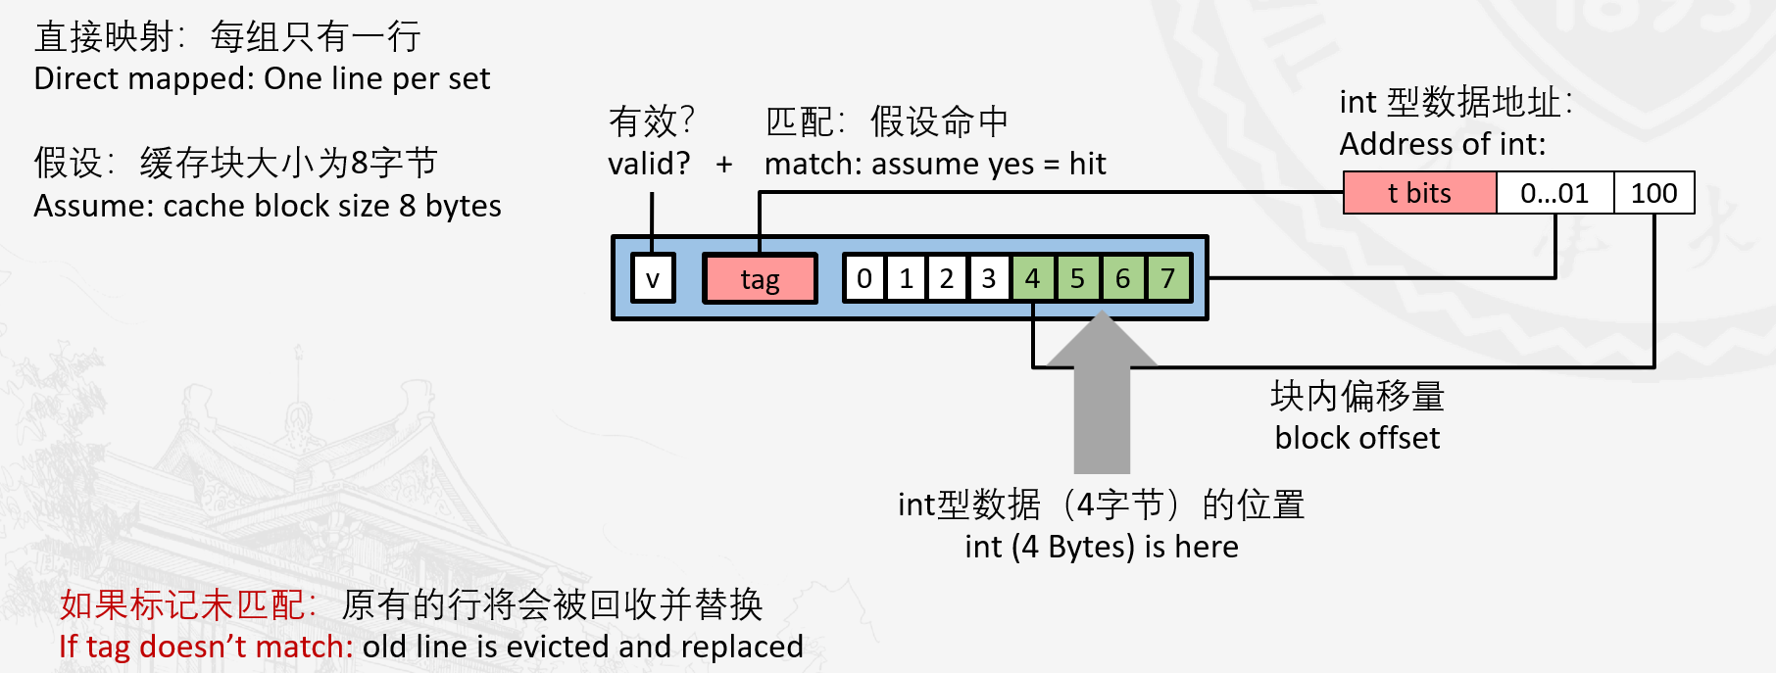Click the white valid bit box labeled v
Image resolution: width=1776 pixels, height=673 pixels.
point(653,279)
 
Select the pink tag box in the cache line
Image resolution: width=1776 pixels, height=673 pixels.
point(760,279)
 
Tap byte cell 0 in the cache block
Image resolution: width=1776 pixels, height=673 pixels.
point(864,279)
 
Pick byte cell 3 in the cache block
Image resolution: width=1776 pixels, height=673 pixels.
point(989,279)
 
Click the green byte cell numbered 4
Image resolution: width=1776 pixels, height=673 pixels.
point(1033,279)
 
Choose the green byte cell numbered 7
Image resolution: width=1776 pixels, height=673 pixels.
point(1168,279)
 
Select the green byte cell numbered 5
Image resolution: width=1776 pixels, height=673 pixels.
point(1078,279)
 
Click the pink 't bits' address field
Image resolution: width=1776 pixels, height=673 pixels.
point(1419,193)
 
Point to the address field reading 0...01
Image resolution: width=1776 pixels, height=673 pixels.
point(1554,193)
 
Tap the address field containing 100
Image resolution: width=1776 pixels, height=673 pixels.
point(1653,193)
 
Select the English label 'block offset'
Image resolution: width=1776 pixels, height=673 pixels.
point(1357,438)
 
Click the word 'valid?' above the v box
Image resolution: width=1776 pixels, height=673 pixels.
point(649,164)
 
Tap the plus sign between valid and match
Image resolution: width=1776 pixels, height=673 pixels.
point(724,165)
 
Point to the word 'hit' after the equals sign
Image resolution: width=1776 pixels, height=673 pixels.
point(1087,164)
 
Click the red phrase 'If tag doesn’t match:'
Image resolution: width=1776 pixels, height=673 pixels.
point(206,647)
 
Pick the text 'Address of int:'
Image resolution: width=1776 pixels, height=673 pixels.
point(1442,145)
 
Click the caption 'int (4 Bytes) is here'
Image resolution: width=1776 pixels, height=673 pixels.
point(1101,547)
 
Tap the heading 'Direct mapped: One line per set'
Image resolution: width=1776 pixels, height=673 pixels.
point(262,78)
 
